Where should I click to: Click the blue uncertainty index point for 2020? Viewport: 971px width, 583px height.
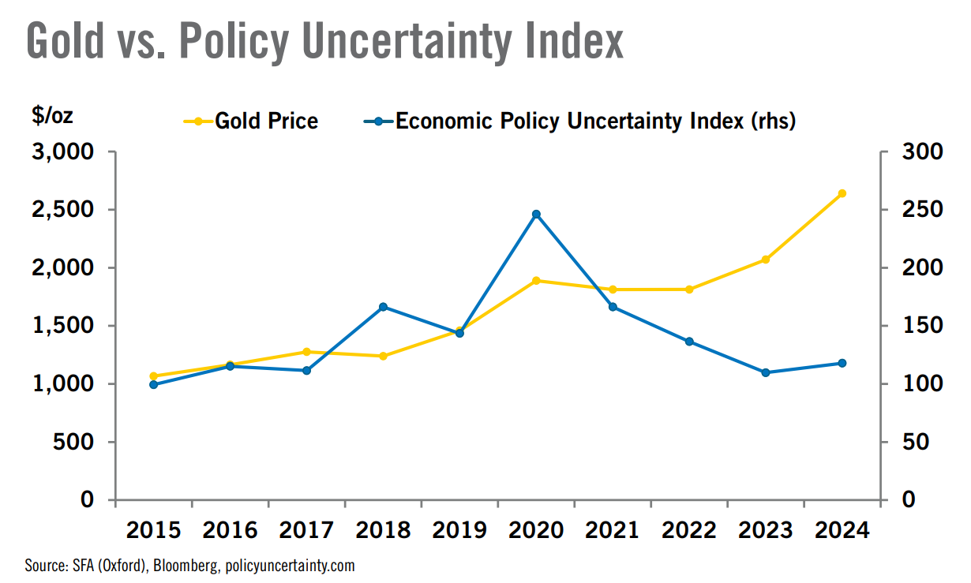pyautogui.click(x=536, y=214)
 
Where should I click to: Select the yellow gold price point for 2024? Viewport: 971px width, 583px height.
pyautogui.click(x=842, y=193)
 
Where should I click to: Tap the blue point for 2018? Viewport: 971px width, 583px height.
pyautogui.click(x=383, y=307)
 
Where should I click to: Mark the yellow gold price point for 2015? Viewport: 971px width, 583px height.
pyautogui.click(x=153, y=376)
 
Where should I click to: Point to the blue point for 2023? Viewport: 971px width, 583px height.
pyautogui.click(x=765, y=372)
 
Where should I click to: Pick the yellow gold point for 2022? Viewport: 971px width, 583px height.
pyautogui.click(x=688, y=290)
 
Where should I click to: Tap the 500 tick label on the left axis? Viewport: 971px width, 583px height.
pyautogui.click(x=75, y=442)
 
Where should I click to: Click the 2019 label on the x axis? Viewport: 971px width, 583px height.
pyautogui.click(x=459, y=529)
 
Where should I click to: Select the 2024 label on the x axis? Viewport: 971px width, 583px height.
pyautogui.click(x=842, y=529)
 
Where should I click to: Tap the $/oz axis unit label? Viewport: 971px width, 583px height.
pyautogui.click(x=52, y=116)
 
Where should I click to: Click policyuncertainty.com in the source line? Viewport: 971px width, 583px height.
pyautogui.click(x=290, y=566)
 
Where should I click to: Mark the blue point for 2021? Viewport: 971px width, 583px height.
pyautogui.click(x=613, y=307)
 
